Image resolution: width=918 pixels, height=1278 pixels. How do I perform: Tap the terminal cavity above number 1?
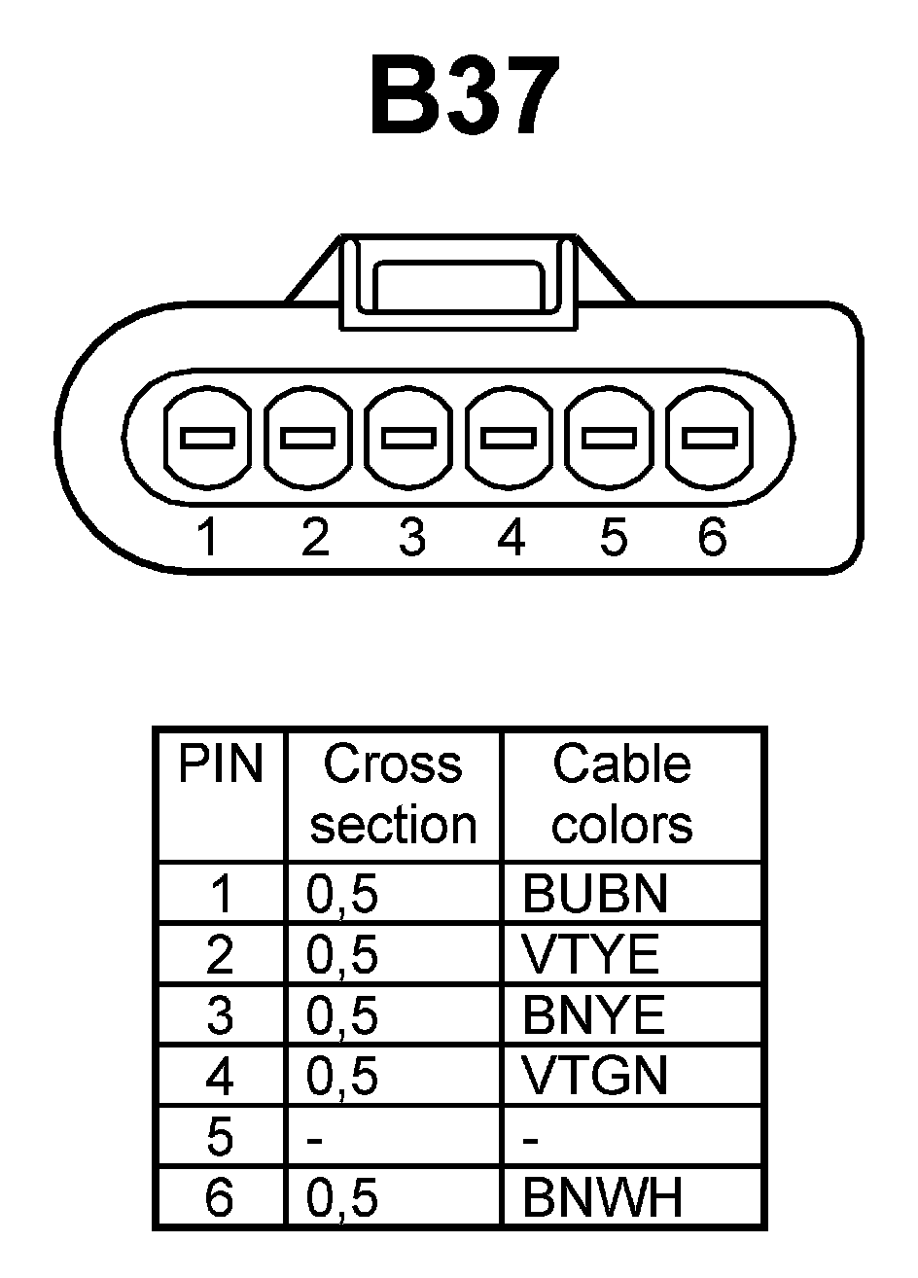208,439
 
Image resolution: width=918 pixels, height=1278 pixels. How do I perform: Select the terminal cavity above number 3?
408,439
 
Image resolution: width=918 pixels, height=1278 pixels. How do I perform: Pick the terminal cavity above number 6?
708,439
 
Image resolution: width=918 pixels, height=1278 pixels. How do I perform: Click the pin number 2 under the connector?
315,537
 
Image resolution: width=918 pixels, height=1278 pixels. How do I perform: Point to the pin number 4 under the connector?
511,537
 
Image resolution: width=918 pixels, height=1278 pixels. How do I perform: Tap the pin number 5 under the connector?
613,537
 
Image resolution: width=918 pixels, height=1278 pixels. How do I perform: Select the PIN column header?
221,765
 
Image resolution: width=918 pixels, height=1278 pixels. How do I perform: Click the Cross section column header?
393,795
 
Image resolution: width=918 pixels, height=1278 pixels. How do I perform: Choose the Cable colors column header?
621,795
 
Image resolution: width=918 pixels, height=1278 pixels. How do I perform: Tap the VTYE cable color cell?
590,955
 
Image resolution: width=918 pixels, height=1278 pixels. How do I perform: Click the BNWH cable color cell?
602,1198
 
